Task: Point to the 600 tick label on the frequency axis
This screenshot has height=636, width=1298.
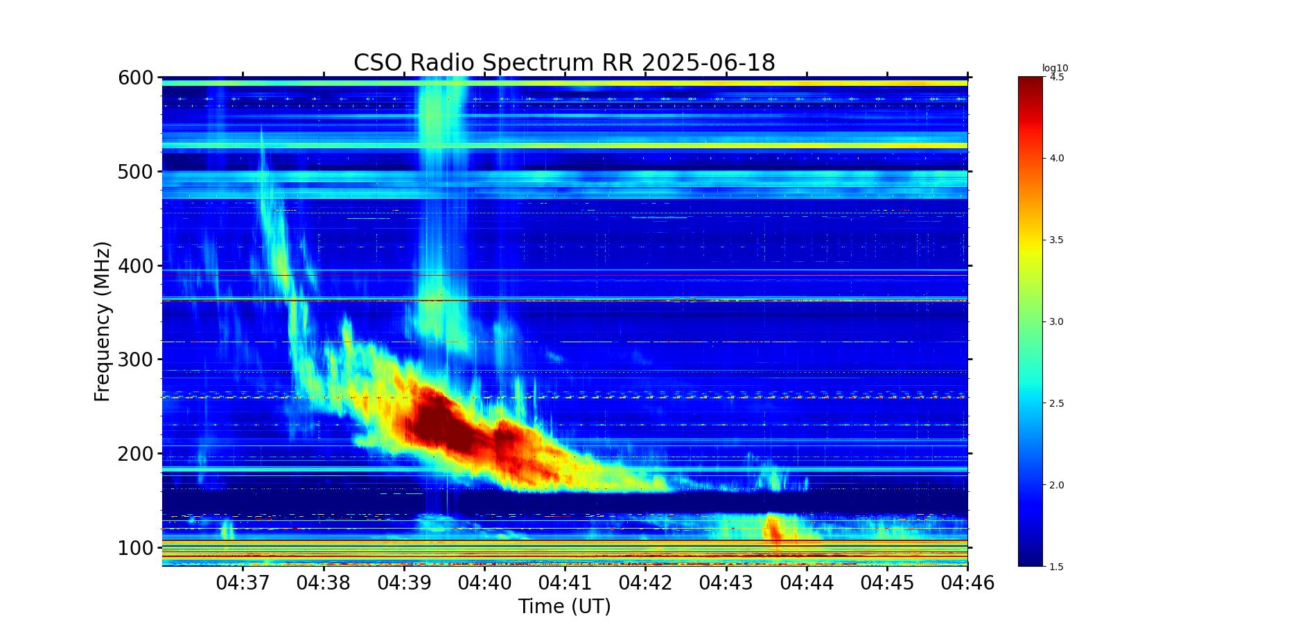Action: pos(136,78)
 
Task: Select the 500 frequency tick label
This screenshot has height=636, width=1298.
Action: pos(136,172)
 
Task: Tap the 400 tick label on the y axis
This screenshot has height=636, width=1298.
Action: pos(136,266)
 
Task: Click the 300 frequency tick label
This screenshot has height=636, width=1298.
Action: pos(136,360)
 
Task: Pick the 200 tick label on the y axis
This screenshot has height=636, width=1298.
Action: pos(136,454)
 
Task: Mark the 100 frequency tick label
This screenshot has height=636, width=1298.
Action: pos(136,548)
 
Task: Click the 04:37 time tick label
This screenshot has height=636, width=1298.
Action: pos(243,583)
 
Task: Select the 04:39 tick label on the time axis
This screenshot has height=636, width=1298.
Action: pos(404,583)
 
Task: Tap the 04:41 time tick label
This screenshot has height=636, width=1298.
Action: pos(565,583)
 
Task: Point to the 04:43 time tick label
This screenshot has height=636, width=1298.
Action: pos(726,583)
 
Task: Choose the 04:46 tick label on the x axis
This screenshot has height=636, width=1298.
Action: pos(967,583)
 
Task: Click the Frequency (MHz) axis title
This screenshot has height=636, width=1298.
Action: pos(103,321)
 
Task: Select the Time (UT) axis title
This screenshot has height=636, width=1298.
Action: pos(565,607)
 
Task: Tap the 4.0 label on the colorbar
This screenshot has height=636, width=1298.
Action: pos(1057,159)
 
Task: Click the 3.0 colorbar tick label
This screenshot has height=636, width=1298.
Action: pos(1057,322)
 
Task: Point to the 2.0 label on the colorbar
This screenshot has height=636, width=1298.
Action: pos(1057,486)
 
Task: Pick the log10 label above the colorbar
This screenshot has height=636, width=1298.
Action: pos(1055,68)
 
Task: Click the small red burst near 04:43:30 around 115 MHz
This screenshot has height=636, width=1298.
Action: pos(773,528)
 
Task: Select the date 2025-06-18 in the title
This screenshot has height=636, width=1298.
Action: pos(708,63)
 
